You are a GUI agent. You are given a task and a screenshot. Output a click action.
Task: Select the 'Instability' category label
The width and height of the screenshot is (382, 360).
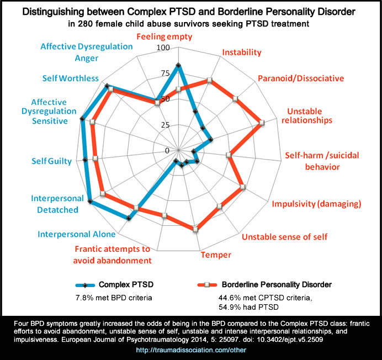241,52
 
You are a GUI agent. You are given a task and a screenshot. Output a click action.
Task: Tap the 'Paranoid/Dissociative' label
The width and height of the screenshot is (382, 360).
300,78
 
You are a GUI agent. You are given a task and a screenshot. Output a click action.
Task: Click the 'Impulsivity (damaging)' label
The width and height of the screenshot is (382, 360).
316,204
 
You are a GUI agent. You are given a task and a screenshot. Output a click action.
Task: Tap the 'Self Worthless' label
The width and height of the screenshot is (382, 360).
71,78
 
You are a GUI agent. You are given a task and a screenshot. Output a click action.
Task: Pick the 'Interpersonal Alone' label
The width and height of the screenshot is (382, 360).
73,234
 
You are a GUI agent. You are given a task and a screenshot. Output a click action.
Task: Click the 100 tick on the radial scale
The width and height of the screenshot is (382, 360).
163,48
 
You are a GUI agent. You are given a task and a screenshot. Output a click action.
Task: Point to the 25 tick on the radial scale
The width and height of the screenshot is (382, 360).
165,125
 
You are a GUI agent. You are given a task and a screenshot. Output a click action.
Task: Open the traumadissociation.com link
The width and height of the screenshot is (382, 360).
191,350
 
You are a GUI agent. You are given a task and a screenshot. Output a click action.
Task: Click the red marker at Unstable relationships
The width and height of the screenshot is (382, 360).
262,123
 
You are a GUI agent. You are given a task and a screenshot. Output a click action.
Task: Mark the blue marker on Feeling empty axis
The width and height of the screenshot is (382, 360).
178,66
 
